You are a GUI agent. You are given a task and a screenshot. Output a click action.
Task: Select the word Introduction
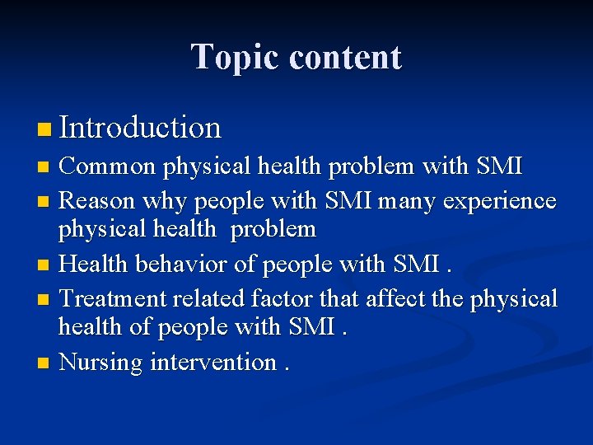pos(140,128)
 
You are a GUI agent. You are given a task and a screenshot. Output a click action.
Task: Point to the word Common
pos(108,166)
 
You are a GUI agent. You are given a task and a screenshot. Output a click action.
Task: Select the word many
pos(396,200)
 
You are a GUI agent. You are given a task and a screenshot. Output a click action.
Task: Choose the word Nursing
pos(100,362)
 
